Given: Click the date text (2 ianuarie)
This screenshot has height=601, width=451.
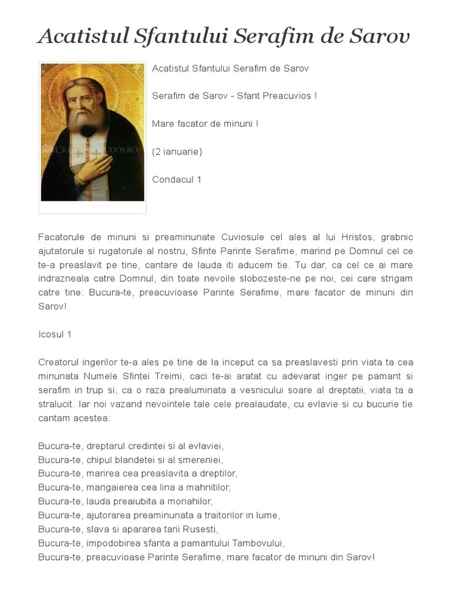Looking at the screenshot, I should pos(177,151).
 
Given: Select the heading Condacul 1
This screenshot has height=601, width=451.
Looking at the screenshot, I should pos(177,180).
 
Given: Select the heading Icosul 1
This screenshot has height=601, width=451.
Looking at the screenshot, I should pos(55,335).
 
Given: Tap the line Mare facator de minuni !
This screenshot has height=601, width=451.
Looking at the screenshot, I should pos(205,124).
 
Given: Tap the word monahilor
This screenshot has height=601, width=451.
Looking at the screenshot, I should pos(190,501).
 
